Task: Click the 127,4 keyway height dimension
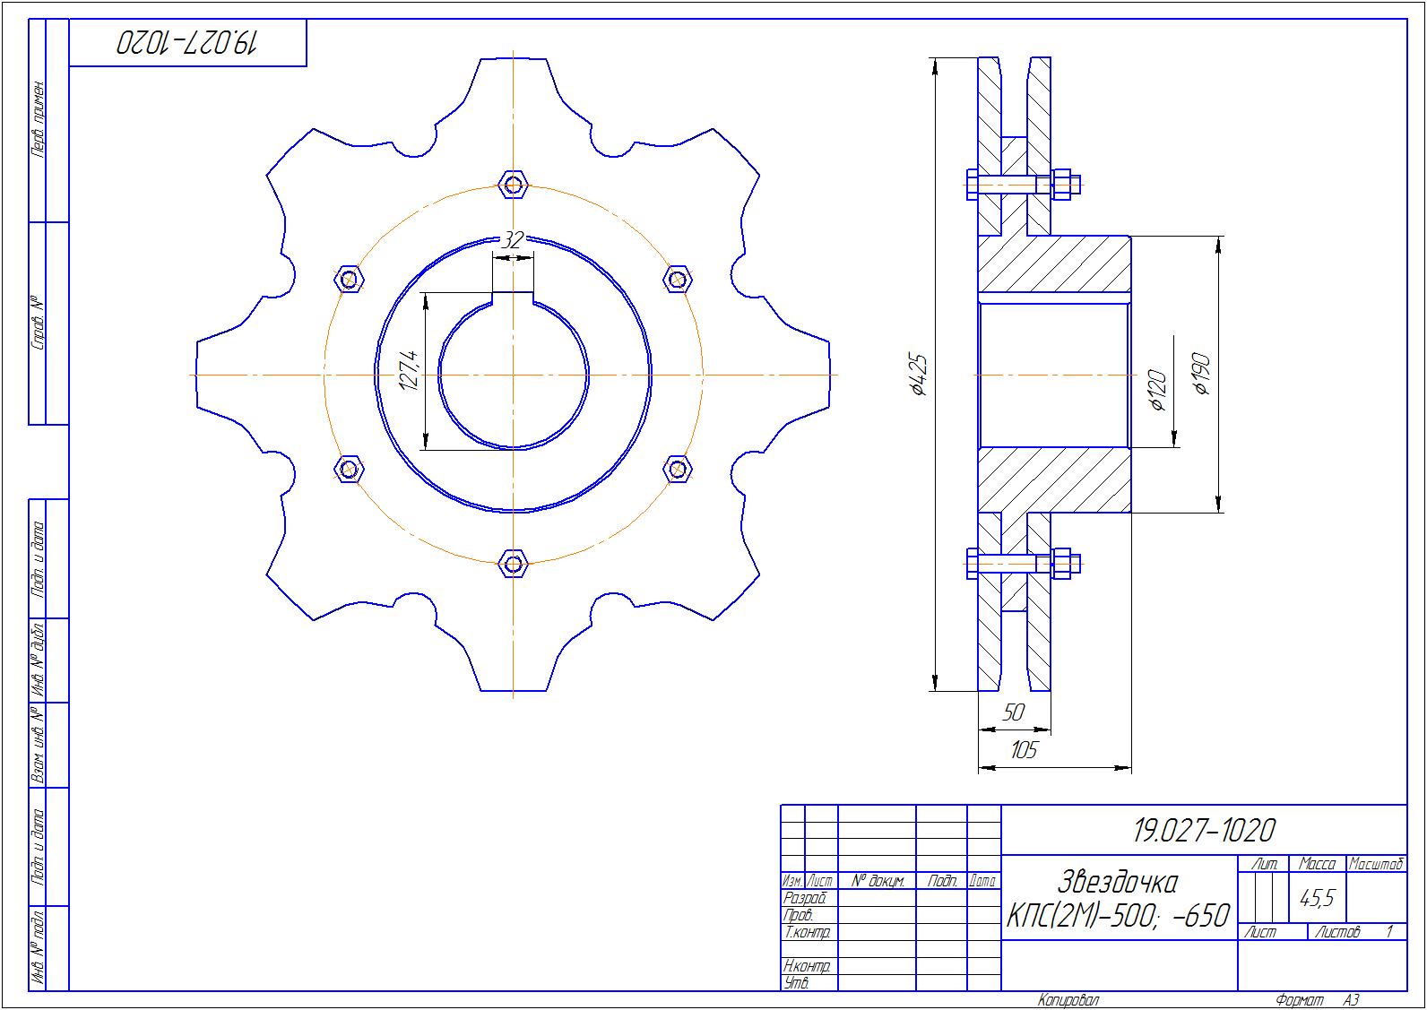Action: (x=410, y=371)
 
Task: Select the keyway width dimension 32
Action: (x=513, y=240)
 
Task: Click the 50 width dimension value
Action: (x=1013, y=712)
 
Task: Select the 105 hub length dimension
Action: (x=1024, y=750)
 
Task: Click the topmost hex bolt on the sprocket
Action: (x=513, y=186)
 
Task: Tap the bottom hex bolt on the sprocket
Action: (x=513, y=564)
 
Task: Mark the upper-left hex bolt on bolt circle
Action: (x=349, y=279)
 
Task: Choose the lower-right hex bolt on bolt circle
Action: (x=677, y=470)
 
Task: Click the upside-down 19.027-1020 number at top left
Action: (x=186, y=43)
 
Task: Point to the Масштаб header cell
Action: (x=1376, y=864)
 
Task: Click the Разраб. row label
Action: (x=805, y=899)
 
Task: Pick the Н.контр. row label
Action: (x=807, y=966)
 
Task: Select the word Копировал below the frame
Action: (x=1068, y=1000)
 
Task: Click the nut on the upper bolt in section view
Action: (x=1061, y=185)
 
